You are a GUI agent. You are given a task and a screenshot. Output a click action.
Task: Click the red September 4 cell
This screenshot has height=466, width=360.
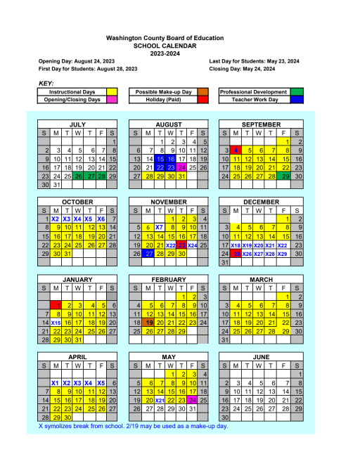tap(238, 150)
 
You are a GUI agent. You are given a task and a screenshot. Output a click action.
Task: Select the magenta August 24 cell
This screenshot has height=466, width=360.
tap(181, 167)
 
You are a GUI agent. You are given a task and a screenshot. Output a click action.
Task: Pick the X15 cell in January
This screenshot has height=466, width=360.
tap(57, 322)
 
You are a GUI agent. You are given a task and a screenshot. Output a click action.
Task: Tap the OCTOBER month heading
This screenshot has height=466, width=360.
tap(77, 202)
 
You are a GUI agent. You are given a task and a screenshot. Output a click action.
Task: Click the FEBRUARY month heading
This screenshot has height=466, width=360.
tap(169, 279)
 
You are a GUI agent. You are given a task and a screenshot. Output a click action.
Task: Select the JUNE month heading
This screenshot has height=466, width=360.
tap(261, 357)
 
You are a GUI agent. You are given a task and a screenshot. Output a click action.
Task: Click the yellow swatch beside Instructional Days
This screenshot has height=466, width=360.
tap(111, 92)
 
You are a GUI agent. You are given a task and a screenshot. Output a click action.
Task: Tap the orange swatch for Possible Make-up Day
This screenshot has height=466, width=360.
tap(202, 92)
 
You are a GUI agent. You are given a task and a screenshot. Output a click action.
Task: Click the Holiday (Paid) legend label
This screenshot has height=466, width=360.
tap(162, 100)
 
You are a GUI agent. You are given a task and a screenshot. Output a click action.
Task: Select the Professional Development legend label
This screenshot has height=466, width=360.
tap(253, 92)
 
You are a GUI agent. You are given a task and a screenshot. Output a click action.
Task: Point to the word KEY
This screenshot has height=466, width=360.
tap(48, 83)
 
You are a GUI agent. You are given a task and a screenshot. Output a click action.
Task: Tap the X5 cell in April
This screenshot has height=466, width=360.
tap(101, 382)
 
